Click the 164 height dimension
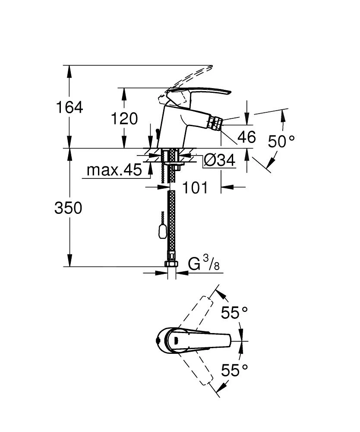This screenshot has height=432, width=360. pyautogui.click(x=69, y=107)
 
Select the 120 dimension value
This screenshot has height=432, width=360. pyautogui.click(x=124, y=119)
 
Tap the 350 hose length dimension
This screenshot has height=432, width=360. pyautogui.click(x=68, y=208)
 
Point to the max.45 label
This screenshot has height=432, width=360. pyautogui.click(x=114, y=170)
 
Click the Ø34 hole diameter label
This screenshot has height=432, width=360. pyautogui.click(x=220, y=160)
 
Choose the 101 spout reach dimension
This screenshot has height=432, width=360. pyautogui.click(x=195, y=187)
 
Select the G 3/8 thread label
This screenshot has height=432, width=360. pyautogui.click(x=204, y=263)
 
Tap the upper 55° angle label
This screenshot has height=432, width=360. pyautogui.click(x=234, y=312)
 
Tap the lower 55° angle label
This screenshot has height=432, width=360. pyautogui.click(x=234, y=370)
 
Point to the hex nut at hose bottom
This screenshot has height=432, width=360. pyautogui.click(x=171, y=264)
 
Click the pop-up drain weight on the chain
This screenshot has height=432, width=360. pyautogui.click(x=162, y=230)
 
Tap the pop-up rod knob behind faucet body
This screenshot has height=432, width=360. pyautogui.click(x=157, y=134)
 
